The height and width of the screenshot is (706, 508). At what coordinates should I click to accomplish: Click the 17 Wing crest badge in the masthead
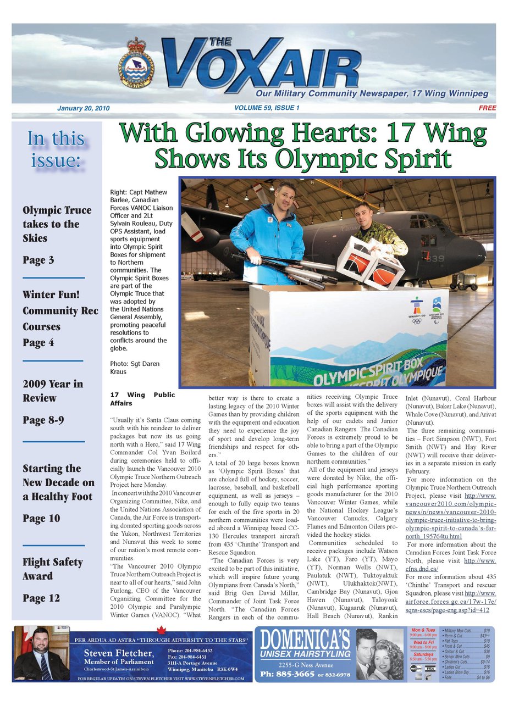pyautogui.click(x=136, y=65)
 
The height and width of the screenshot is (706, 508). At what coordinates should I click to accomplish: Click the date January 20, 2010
pyautogui.click(x=83, y=108)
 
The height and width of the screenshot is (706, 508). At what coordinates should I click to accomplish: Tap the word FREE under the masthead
pyautogui.click(x=487, y=108)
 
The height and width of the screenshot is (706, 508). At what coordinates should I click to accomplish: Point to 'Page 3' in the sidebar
pyautogui.click(x=38, y=260)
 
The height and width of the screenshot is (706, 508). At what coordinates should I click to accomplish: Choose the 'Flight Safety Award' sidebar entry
pyautogui.click(x=53, y=569)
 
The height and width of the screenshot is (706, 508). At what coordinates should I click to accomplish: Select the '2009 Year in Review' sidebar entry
pyautogui.click(x=53, y=391)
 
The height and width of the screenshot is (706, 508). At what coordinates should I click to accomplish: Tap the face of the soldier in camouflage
pyautogui.click(x=363, y=214)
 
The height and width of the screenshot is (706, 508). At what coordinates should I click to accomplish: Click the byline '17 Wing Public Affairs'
pyautogui.click(x=142, y=398)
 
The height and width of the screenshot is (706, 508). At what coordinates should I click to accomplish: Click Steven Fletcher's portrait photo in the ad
pyautogui.click(x=42, y=653)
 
